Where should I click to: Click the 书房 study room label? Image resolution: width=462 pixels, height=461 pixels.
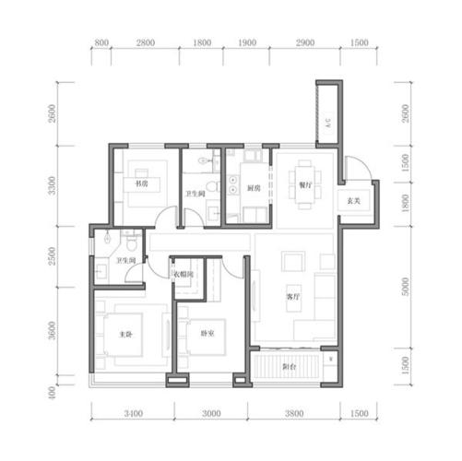coord(141,184)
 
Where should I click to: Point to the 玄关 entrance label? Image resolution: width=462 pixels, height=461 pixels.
coord(353,200)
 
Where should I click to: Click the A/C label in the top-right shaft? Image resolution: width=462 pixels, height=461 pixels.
coord(327,123)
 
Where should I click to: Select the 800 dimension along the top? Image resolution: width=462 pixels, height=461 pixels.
coord(102,43)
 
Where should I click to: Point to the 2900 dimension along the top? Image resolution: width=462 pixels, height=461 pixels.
coord(310,43)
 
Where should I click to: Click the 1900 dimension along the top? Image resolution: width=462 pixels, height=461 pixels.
coord(247,43)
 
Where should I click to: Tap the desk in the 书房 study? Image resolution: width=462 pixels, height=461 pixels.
coord(142,171)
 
